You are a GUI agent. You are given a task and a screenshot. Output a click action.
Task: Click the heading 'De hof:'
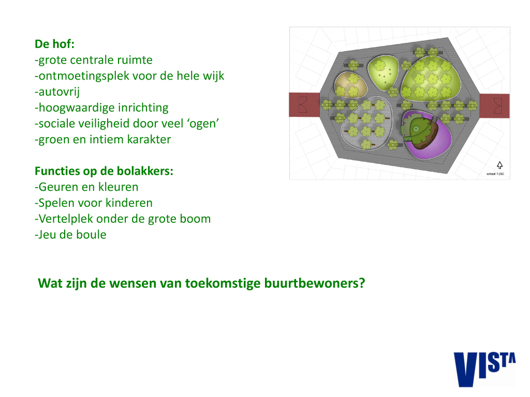point(54,44)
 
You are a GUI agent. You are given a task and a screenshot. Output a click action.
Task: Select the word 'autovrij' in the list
point(59,92)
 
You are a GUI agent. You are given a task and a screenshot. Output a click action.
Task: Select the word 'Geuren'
point(59,187)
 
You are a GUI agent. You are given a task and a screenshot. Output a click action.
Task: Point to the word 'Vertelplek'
point(66,219)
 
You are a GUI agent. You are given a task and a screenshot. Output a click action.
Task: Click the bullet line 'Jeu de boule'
point(70,235)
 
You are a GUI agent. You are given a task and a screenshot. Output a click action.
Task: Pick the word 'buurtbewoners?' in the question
point(314,283)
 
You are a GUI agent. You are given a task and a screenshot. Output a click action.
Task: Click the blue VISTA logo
point(484,369)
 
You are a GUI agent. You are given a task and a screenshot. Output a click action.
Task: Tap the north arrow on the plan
point(499,165)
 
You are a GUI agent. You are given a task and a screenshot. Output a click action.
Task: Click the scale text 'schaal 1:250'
point(495,174)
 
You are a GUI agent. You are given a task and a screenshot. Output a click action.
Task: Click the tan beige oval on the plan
point(350,85)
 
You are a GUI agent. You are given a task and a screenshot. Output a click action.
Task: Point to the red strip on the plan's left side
point(304,104)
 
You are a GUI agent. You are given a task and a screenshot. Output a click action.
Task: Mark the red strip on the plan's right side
point(494,105)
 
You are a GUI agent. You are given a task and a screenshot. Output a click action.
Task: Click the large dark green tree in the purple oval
point(420,130)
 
